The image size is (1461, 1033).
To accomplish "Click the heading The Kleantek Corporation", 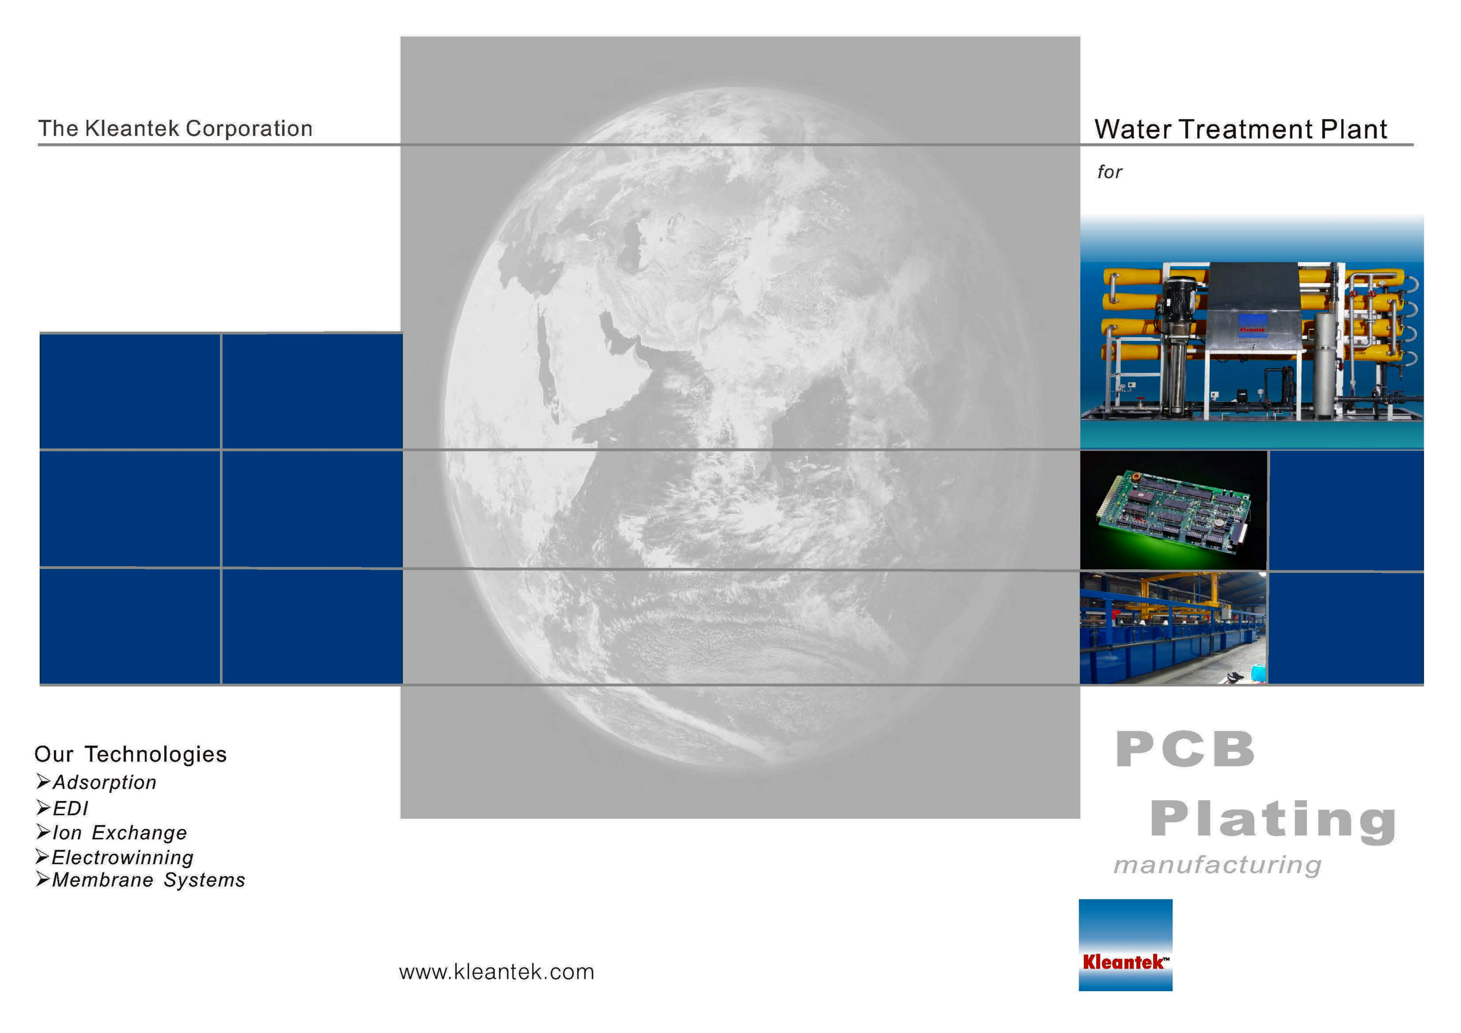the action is (175, 129).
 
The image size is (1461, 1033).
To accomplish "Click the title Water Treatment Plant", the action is (1240, 129).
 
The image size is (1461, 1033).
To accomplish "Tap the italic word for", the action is (1109, 172).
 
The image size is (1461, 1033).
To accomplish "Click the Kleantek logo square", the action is (1125, 945).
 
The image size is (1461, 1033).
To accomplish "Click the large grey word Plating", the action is (1273, 821).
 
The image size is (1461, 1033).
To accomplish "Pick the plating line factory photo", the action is (1173, 627).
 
